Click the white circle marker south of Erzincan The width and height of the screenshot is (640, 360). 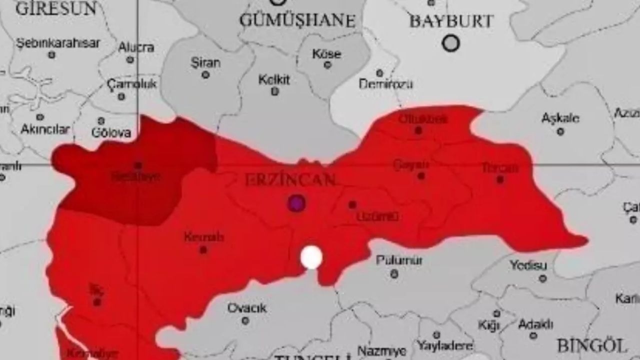(x=311, y=257)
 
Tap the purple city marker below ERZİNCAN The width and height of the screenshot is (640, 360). (x=296, y=203)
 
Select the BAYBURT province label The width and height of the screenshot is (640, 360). (x=451, y=21)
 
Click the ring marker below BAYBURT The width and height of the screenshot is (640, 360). (x=450, y=43)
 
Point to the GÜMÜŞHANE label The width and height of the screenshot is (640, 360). (x=297, y=20)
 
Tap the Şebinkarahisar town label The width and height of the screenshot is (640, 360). (x=58, y=43)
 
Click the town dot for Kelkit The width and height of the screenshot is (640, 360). (x=274, y=91)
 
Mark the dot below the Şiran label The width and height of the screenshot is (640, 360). (x=205, y=75)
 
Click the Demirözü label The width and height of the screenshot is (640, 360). (x=386, y=84)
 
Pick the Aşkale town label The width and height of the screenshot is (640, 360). (x=560, y=118)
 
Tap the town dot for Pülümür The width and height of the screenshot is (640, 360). (x=394, y=273)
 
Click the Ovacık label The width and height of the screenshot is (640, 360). (x=247, y=308)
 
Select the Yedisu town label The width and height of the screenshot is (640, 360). (x=528, y=265)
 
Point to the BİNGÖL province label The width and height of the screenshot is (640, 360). (x=591, y=345)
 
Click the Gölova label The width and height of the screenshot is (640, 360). (x=111, y=132)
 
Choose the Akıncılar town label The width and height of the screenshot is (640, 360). (x=45, y=129)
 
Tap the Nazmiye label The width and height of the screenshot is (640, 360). (x=375, y=351)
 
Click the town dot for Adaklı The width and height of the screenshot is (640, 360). (x=533, y=335)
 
